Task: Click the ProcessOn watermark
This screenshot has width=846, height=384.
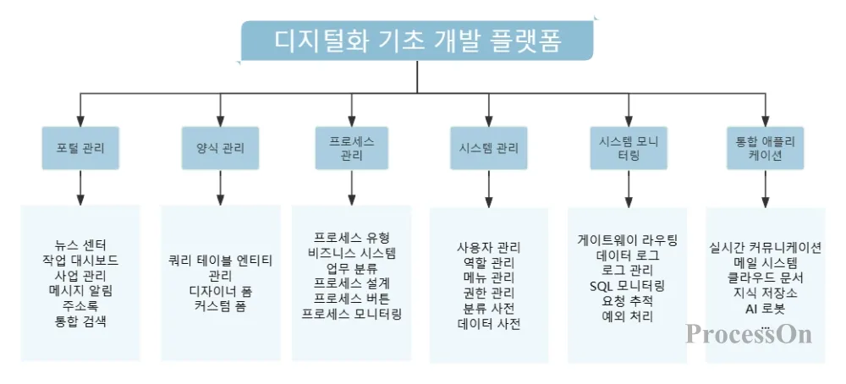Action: tap(749, 333)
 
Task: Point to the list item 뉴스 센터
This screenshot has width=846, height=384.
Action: tap(80, 244)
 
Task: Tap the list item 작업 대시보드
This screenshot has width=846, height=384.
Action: tap(80, 260)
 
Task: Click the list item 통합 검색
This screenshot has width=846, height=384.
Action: tap(80, 321)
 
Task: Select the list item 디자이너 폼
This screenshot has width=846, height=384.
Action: tap(220, 290)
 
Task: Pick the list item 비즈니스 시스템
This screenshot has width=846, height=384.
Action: tap(351, 252)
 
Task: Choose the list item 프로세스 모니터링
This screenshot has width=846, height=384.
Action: tap(351, 313)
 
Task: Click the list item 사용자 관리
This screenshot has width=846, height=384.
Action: tap(489, 247)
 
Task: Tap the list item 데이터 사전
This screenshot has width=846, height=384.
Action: tap(489, 323)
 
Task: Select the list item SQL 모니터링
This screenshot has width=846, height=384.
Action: tap(628, 285)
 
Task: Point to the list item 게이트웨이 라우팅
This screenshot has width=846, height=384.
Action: tap(628, 239)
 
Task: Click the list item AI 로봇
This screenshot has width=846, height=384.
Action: tap(765, 308)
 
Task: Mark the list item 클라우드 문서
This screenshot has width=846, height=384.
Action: tap(765, 277)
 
